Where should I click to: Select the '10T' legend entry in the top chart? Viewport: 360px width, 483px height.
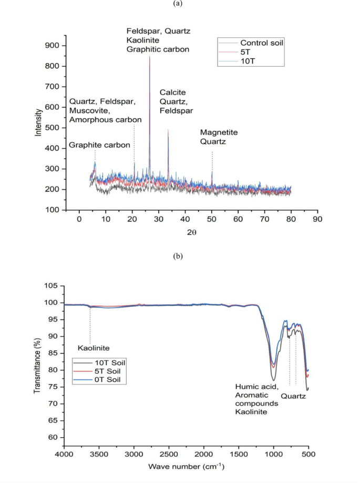tap(250, 61)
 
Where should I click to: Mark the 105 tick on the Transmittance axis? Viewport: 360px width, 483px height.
tap(52, 286)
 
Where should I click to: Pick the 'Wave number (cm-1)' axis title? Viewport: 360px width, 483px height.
tap(186, 466)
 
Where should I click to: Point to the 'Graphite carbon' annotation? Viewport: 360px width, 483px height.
tap(100, 145)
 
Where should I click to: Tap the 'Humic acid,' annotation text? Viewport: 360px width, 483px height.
tap(253, 387)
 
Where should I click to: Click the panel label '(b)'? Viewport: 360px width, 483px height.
tap(179, 256)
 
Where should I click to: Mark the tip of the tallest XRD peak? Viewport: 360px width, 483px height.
tap(150, 56)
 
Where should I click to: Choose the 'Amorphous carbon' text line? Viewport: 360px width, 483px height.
tap(105, 120)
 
